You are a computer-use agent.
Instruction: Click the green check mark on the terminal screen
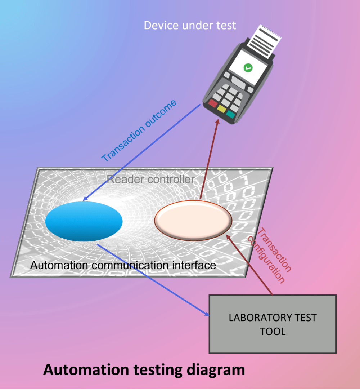coord(247,67)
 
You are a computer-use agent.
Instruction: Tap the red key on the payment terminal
coord(213,103)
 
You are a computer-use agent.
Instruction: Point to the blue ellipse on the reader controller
coord(84,221)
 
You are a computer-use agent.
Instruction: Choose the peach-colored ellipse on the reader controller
coord(193,220)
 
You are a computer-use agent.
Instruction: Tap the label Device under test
coord(190,25)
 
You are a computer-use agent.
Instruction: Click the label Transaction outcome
coord(139,131)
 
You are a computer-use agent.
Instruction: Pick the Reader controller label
coord(151,179)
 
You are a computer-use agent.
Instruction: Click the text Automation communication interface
coord(123,265)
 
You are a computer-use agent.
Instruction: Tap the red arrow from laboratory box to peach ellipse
coord(250,265)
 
